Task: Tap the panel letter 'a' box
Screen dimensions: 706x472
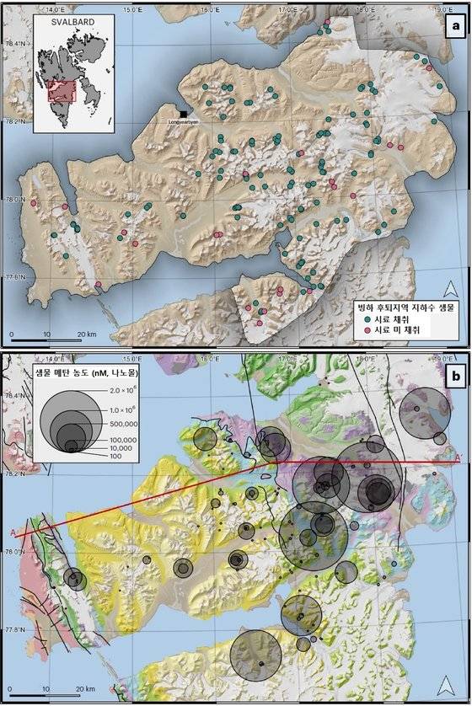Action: click(x=455, y=27)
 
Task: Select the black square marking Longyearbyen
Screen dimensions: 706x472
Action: click(x=183, y=114)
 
